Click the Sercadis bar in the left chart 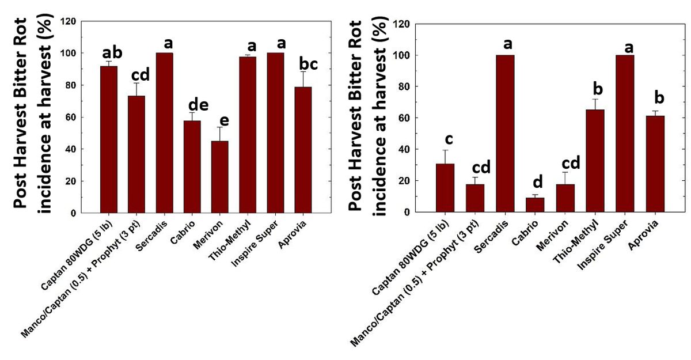click(x=165, y=133)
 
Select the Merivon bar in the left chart click(x=220, y=177)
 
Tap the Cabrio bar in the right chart click(x=535, y=204)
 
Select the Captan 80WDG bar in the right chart click(x=445, y=188)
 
